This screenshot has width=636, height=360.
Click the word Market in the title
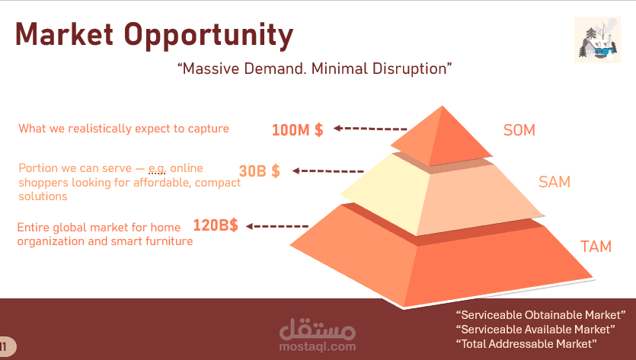pyautogui.click(x=64, y=34)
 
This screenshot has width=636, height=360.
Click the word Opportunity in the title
pyautogui.click(x=209, y=37)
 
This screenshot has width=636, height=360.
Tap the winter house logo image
pyautogui.click(x=597, y=40)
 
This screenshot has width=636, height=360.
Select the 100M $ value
pyautogui.click(x=297, y=129)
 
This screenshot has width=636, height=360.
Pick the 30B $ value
pyautogui.click(x=259, y=170)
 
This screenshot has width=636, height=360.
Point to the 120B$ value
pyautogui.click(x=216, y=225)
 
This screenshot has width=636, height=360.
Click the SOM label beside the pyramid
pyautogui.click(x=519, y=130)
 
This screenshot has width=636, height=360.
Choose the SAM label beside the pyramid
pyautogui.click(x=555, y=182)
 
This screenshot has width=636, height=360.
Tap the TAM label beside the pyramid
pyautogui.click(x=596, y=247)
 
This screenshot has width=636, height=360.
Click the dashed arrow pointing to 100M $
pyautogui.click(x=370, y=129)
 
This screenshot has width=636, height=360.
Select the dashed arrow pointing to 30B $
pyautogui.click(x=328, y=171)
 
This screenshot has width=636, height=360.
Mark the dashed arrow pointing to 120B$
pyautogui.click(x=277, y=226)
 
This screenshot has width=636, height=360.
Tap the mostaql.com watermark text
pyautogui.click(x=317, y=346)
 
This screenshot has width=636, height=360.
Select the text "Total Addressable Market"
pyautogui.click(x=526, y=344)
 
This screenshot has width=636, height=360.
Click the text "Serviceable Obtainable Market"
pyautogui.click(x=541, y=315)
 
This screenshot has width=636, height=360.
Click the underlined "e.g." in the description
pyautogui.click(x=158, y=168)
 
